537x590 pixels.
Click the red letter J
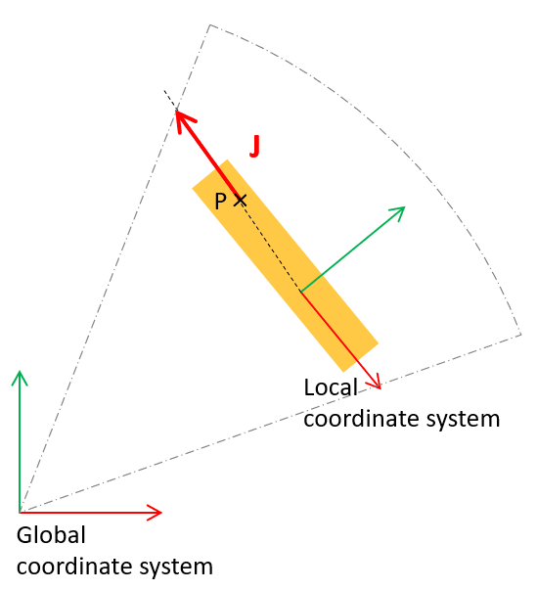255,146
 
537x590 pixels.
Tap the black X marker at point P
240,200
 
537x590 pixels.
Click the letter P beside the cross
220,201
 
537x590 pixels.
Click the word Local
331,387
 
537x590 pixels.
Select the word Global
51,535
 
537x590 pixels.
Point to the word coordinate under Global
75,567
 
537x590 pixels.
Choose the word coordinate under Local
363,419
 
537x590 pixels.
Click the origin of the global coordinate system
20,512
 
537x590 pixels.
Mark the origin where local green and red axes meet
300,292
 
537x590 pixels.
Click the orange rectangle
285,266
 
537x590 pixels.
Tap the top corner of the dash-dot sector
210,24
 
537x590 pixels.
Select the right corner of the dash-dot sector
520,334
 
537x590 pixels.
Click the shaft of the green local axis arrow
352,250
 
